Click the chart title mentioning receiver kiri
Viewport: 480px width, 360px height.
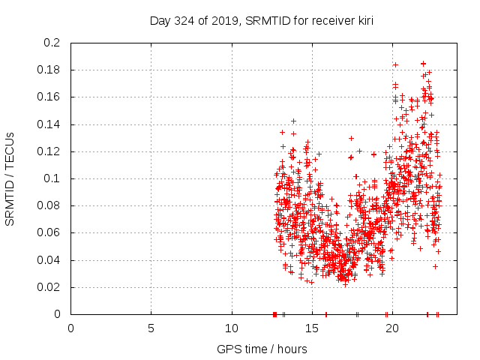point(261,19)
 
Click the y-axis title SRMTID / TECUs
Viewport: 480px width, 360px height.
point(10,178)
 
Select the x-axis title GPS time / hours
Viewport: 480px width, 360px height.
point(261,349)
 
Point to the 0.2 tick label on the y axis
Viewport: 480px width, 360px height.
point(52,43)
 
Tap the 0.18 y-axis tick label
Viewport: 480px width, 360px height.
point(49,70)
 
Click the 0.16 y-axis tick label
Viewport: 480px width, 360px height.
point(49,97)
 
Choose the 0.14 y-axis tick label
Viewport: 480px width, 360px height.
point(49,124)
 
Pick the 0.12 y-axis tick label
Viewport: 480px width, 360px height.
point(49,151)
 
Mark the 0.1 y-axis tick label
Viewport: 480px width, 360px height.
point(52,178)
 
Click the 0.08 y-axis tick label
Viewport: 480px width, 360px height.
point(49,205)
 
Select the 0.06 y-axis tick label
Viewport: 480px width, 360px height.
point(49,232)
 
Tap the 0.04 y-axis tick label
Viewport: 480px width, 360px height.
point(49,260)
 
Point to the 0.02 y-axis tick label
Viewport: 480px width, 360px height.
point(49,287)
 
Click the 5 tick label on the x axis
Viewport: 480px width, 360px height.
point(151,328)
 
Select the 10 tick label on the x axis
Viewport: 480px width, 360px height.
point(232,328)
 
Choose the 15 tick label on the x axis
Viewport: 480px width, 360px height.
point(312,328)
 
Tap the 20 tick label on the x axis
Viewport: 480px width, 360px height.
point(392,328)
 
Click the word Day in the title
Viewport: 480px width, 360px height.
point(160,19)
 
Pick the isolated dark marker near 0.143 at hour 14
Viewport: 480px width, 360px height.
point(294,121)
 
